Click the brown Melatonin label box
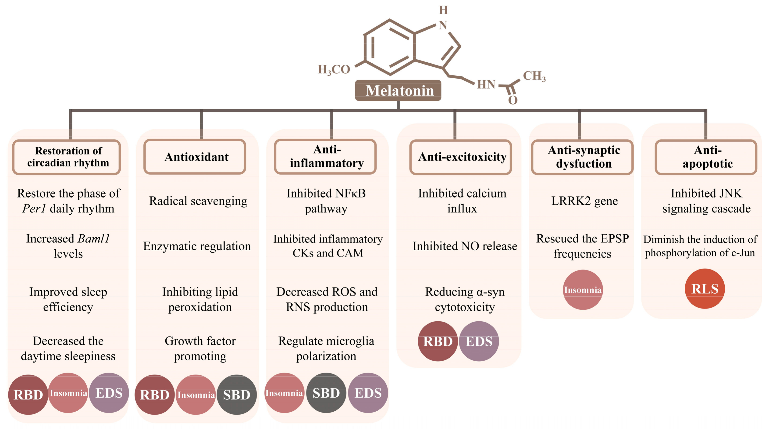398,90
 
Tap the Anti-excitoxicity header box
461,157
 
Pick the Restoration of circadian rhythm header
67,157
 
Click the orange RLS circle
705,289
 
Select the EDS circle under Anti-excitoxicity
479,341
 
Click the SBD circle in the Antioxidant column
236,395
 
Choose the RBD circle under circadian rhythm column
28,395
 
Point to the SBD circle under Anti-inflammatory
326,393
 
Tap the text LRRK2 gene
584,201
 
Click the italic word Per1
34,208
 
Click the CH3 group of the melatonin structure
534,76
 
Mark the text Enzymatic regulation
197,246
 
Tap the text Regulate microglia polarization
326,348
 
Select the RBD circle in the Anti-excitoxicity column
438,341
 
